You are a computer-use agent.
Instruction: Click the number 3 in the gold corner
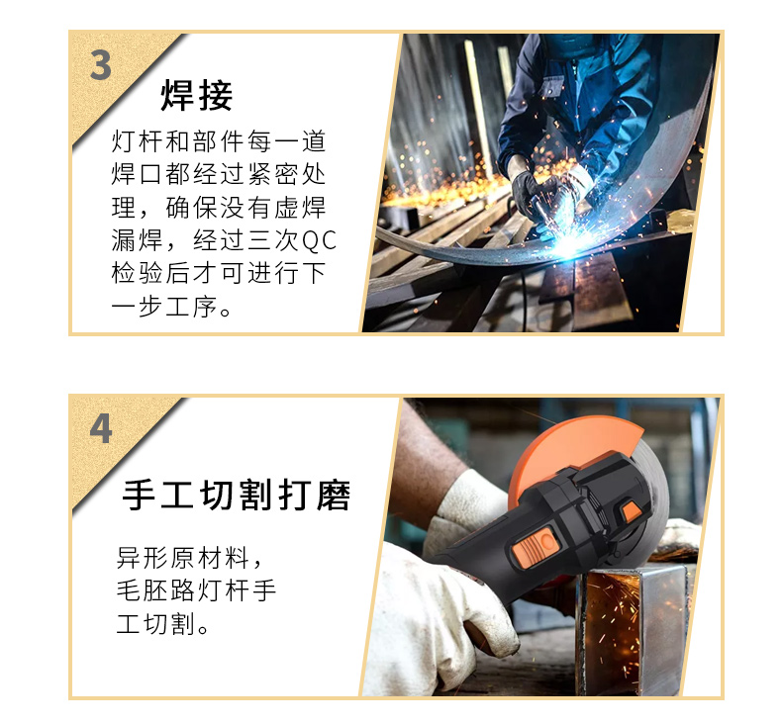coord(100,65)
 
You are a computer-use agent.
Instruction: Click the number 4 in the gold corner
coord(100,429)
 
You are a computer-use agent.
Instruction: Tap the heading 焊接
coord(197,95)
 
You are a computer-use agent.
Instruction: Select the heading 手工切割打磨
coord(236,495)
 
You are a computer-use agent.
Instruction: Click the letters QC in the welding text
coord(319,240)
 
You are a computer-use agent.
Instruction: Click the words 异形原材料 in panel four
coord(182,558)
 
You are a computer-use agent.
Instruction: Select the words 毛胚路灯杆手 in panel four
coord(196,590)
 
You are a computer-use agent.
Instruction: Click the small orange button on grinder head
coord(632,511)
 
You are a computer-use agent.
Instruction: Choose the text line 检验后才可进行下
coord(219,274)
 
